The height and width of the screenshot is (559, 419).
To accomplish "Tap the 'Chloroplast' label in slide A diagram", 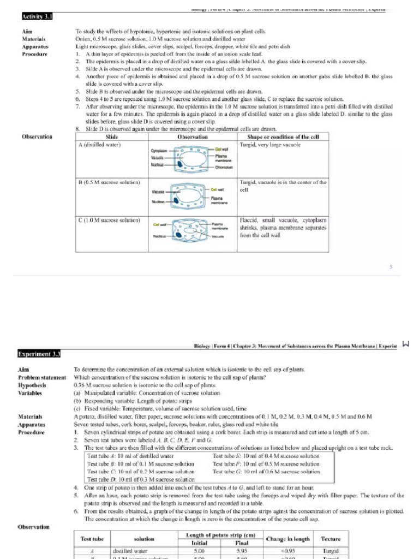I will (223, 167).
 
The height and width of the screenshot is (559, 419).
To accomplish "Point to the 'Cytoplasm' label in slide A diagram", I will (158, 150).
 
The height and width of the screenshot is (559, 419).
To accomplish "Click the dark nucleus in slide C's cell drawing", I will (179, 235).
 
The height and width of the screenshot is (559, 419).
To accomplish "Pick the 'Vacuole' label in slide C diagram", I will (218, 236).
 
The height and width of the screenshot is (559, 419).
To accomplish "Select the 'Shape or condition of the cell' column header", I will (283, 137).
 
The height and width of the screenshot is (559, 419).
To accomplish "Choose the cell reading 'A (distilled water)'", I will (100, 145).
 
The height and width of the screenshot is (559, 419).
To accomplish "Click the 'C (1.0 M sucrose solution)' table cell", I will (110, 221).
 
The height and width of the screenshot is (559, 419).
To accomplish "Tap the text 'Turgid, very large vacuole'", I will (271, 145).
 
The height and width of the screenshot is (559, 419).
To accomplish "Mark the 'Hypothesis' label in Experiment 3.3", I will (32, 385).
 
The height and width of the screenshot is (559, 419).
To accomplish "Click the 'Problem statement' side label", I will (42, 377).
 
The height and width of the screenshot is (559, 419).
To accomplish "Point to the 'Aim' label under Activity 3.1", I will (26, 32).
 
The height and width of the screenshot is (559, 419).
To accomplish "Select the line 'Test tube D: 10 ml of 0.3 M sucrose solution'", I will (141, 479).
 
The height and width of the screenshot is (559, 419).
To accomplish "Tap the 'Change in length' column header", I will (288, 539).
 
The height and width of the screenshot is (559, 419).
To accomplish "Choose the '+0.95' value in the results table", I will (288, 551).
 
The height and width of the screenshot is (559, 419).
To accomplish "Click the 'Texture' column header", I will (331, 539).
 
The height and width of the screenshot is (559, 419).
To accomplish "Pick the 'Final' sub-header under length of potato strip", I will (242, 543).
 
